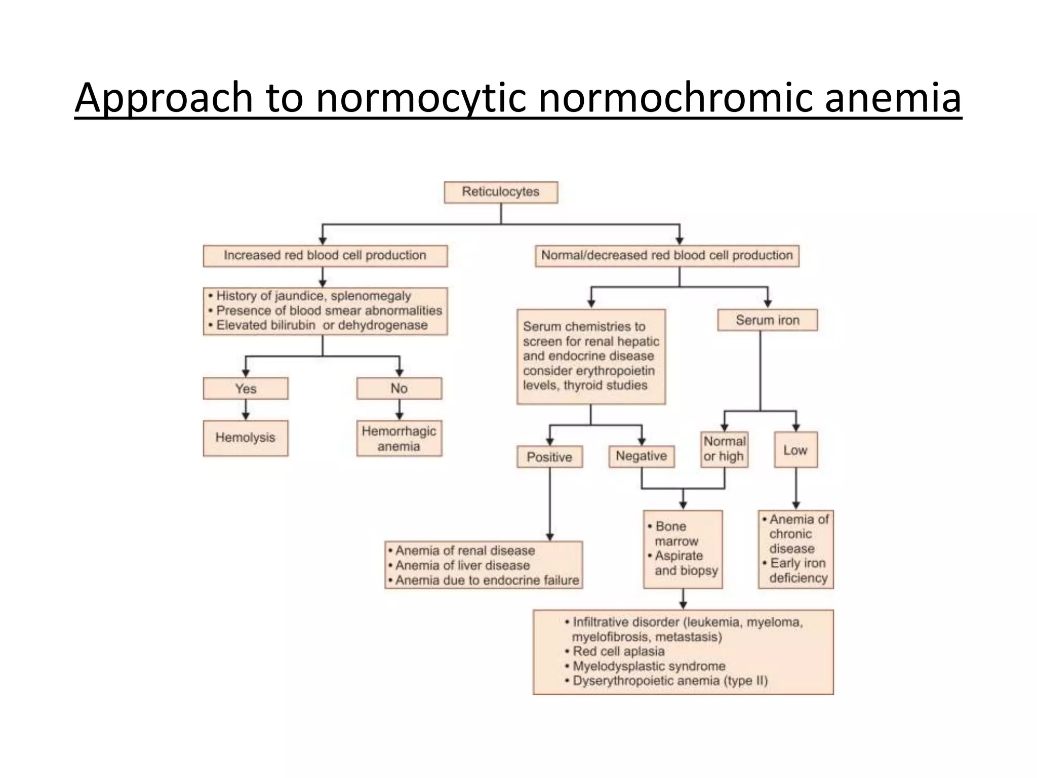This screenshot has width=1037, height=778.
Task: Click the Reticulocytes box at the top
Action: point(501,192)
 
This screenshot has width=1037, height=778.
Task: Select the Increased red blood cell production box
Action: point(325,256)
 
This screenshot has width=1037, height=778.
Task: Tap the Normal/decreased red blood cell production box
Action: point(667,256)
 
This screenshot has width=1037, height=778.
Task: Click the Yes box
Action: point(246,388)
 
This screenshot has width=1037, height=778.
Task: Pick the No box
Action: point(399,388)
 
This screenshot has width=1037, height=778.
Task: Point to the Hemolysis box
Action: point(246,438)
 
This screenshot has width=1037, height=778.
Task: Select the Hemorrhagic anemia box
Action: point(399,439)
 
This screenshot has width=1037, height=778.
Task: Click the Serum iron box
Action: point(767,320)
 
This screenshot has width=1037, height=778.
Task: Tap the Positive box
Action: point(549,457)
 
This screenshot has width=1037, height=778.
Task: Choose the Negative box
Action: point(641,456)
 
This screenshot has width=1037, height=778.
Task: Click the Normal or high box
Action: point(725,449)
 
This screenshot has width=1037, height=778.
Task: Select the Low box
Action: point(795,450)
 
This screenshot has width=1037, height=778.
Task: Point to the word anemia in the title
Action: point(893,97)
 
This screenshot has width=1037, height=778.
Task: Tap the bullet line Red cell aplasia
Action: point(618,651)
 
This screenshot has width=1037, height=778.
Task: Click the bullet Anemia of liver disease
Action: point(462,565)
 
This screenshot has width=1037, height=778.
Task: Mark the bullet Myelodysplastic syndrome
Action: point(649,666)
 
